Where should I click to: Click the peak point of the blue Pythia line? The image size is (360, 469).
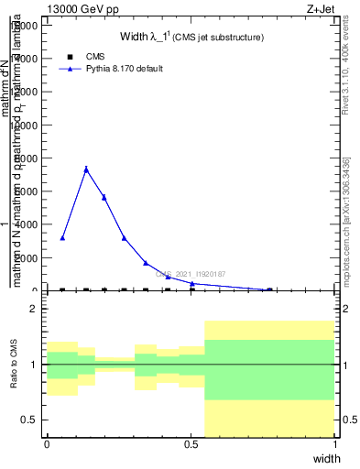point(86,169)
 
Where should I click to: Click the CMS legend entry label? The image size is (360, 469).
point(95,57)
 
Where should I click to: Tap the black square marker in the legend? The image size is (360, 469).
point(70,57)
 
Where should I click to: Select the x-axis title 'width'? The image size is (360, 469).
point(326,457)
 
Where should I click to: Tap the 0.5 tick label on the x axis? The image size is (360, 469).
point(191,444)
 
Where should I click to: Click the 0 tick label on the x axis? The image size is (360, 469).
point(47,444)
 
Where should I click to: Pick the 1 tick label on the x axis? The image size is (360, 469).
point(335,444)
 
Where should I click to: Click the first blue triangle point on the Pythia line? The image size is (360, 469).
point(62,237)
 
